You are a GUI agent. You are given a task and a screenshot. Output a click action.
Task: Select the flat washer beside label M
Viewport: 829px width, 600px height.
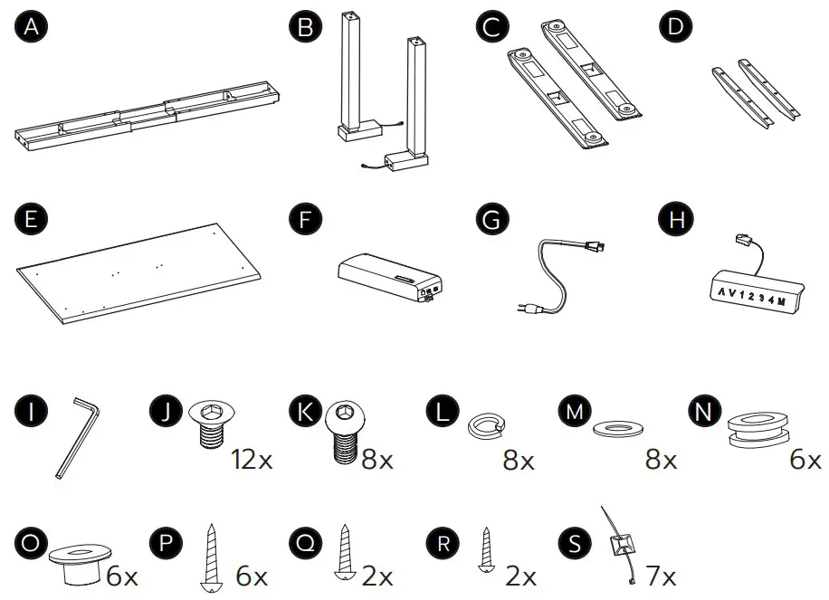(619, 426)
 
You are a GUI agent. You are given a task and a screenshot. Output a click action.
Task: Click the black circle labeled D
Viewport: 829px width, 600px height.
(673, 28)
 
